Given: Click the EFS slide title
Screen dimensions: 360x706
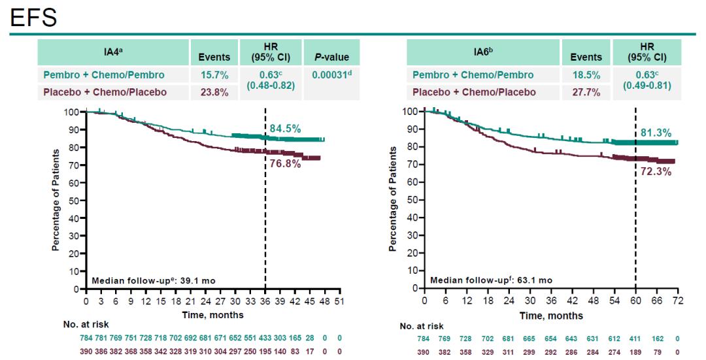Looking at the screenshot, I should [34, 17].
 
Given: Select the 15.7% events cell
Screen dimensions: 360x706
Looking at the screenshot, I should [214, 75].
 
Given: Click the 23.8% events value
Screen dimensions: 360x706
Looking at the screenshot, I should [214, 92].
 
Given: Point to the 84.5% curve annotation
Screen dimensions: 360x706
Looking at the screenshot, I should [285, 127].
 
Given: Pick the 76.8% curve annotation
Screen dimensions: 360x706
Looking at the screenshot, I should [285, 163].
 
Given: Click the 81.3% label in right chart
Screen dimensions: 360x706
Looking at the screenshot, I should [656, 133].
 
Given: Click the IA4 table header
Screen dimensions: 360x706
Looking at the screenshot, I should [114, 52].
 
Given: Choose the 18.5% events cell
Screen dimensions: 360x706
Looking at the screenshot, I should [585, 75].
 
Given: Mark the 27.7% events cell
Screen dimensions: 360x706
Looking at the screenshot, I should [585, 92].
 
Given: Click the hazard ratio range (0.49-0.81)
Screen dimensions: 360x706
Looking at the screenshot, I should [647, 85].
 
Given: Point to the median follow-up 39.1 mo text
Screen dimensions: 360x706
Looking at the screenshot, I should [154, 280].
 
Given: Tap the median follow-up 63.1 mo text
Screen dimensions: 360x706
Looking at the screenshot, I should [491, 280].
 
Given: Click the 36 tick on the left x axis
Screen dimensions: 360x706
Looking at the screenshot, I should [265, 303].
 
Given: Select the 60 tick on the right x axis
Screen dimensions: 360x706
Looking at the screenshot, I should [635, 303].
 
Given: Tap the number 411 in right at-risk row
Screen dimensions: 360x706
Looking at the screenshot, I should [635, 338].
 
